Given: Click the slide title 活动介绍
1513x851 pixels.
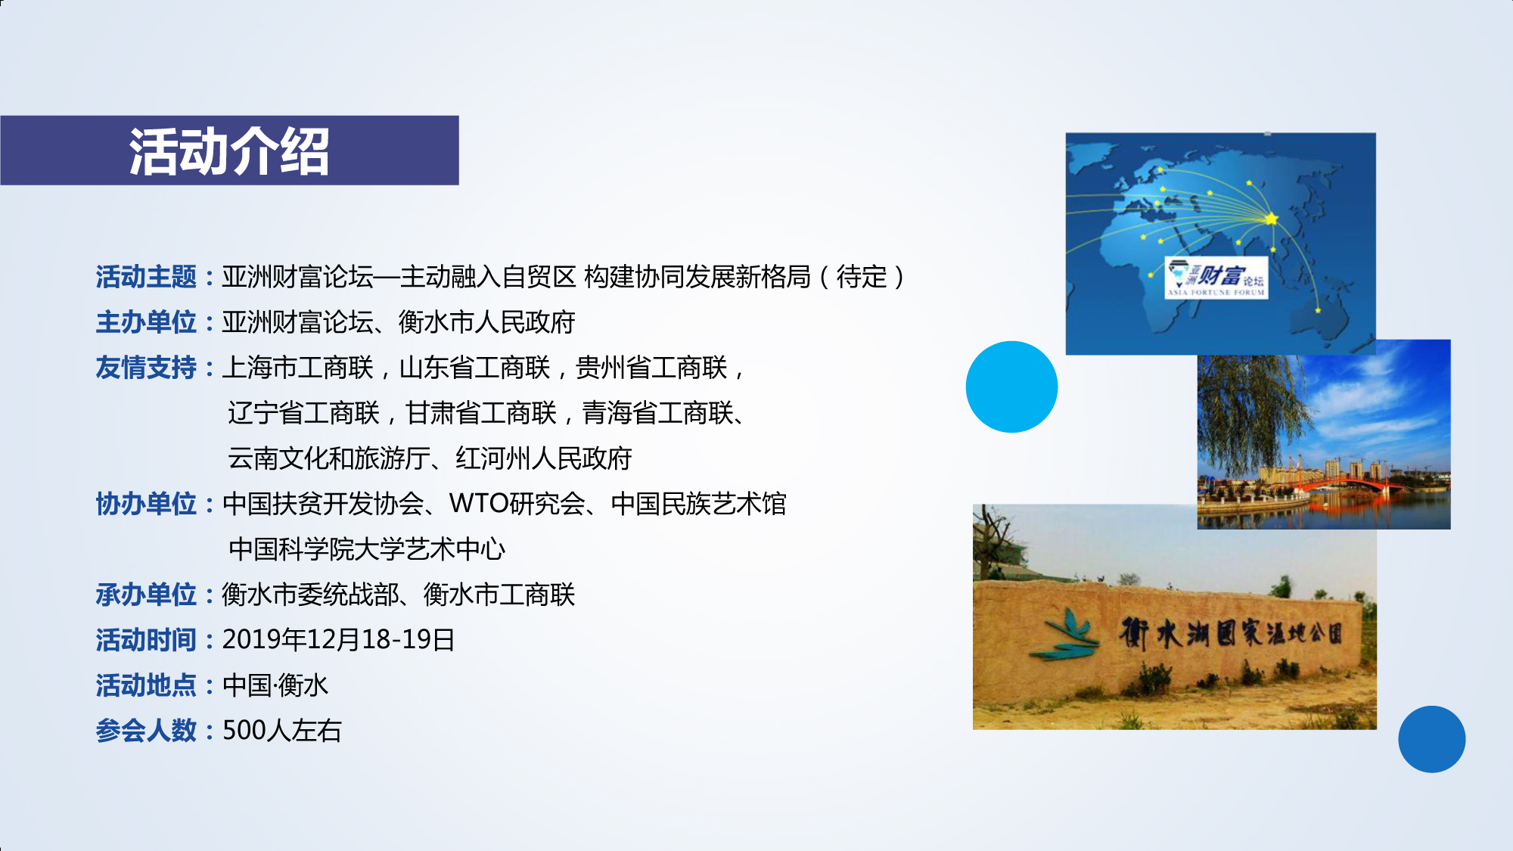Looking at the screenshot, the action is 229,151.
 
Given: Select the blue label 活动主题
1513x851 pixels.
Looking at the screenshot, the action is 146,277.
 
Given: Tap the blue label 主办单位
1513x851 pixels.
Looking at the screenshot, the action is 146,322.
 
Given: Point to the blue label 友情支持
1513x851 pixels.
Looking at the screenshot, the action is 146,368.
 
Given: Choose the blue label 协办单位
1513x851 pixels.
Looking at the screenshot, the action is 146,504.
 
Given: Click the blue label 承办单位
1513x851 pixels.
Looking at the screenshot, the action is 146,595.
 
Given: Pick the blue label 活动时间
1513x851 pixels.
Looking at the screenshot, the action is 146,640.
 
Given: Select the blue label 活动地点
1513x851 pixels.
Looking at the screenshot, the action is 146,685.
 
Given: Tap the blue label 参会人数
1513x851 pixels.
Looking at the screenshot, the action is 146,731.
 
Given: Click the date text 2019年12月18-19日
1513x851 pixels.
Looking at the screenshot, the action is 338,640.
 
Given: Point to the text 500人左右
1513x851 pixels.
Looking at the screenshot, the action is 282,731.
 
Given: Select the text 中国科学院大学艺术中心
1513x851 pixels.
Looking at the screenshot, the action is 367,549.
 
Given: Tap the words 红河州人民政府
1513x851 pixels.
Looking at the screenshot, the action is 543,458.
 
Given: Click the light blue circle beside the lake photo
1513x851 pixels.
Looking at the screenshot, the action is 1011,387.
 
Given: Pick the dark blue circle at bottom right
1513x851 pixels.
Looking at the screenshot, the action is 1431,739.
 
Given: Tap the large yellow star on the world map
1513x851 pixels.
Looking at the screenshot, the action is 1272,219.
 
